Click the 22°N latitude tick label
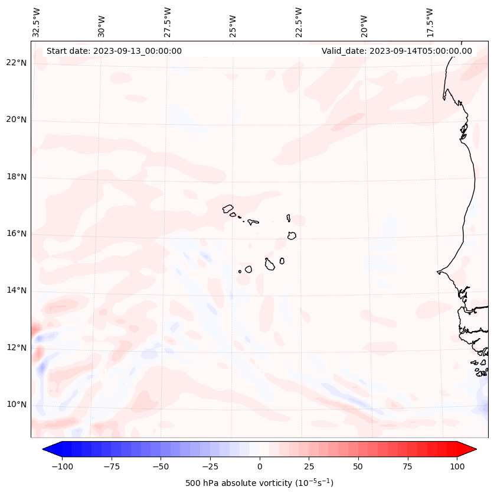17,63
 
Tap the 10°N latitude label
17,405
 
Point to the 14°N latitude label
17,291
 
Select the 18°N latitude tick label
17,177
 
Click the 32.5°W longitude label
37,22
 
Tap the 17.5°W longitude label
430,22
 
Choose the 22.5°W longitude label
299,22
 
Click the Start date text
114,51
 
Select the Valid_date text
397,51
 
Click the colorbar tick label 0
260,466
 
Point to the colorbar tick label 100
457,466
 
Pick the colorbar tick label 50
358,466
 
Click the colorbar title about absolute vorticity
260,483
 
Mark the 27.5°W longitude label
168,22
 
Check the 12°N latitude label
17,348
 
